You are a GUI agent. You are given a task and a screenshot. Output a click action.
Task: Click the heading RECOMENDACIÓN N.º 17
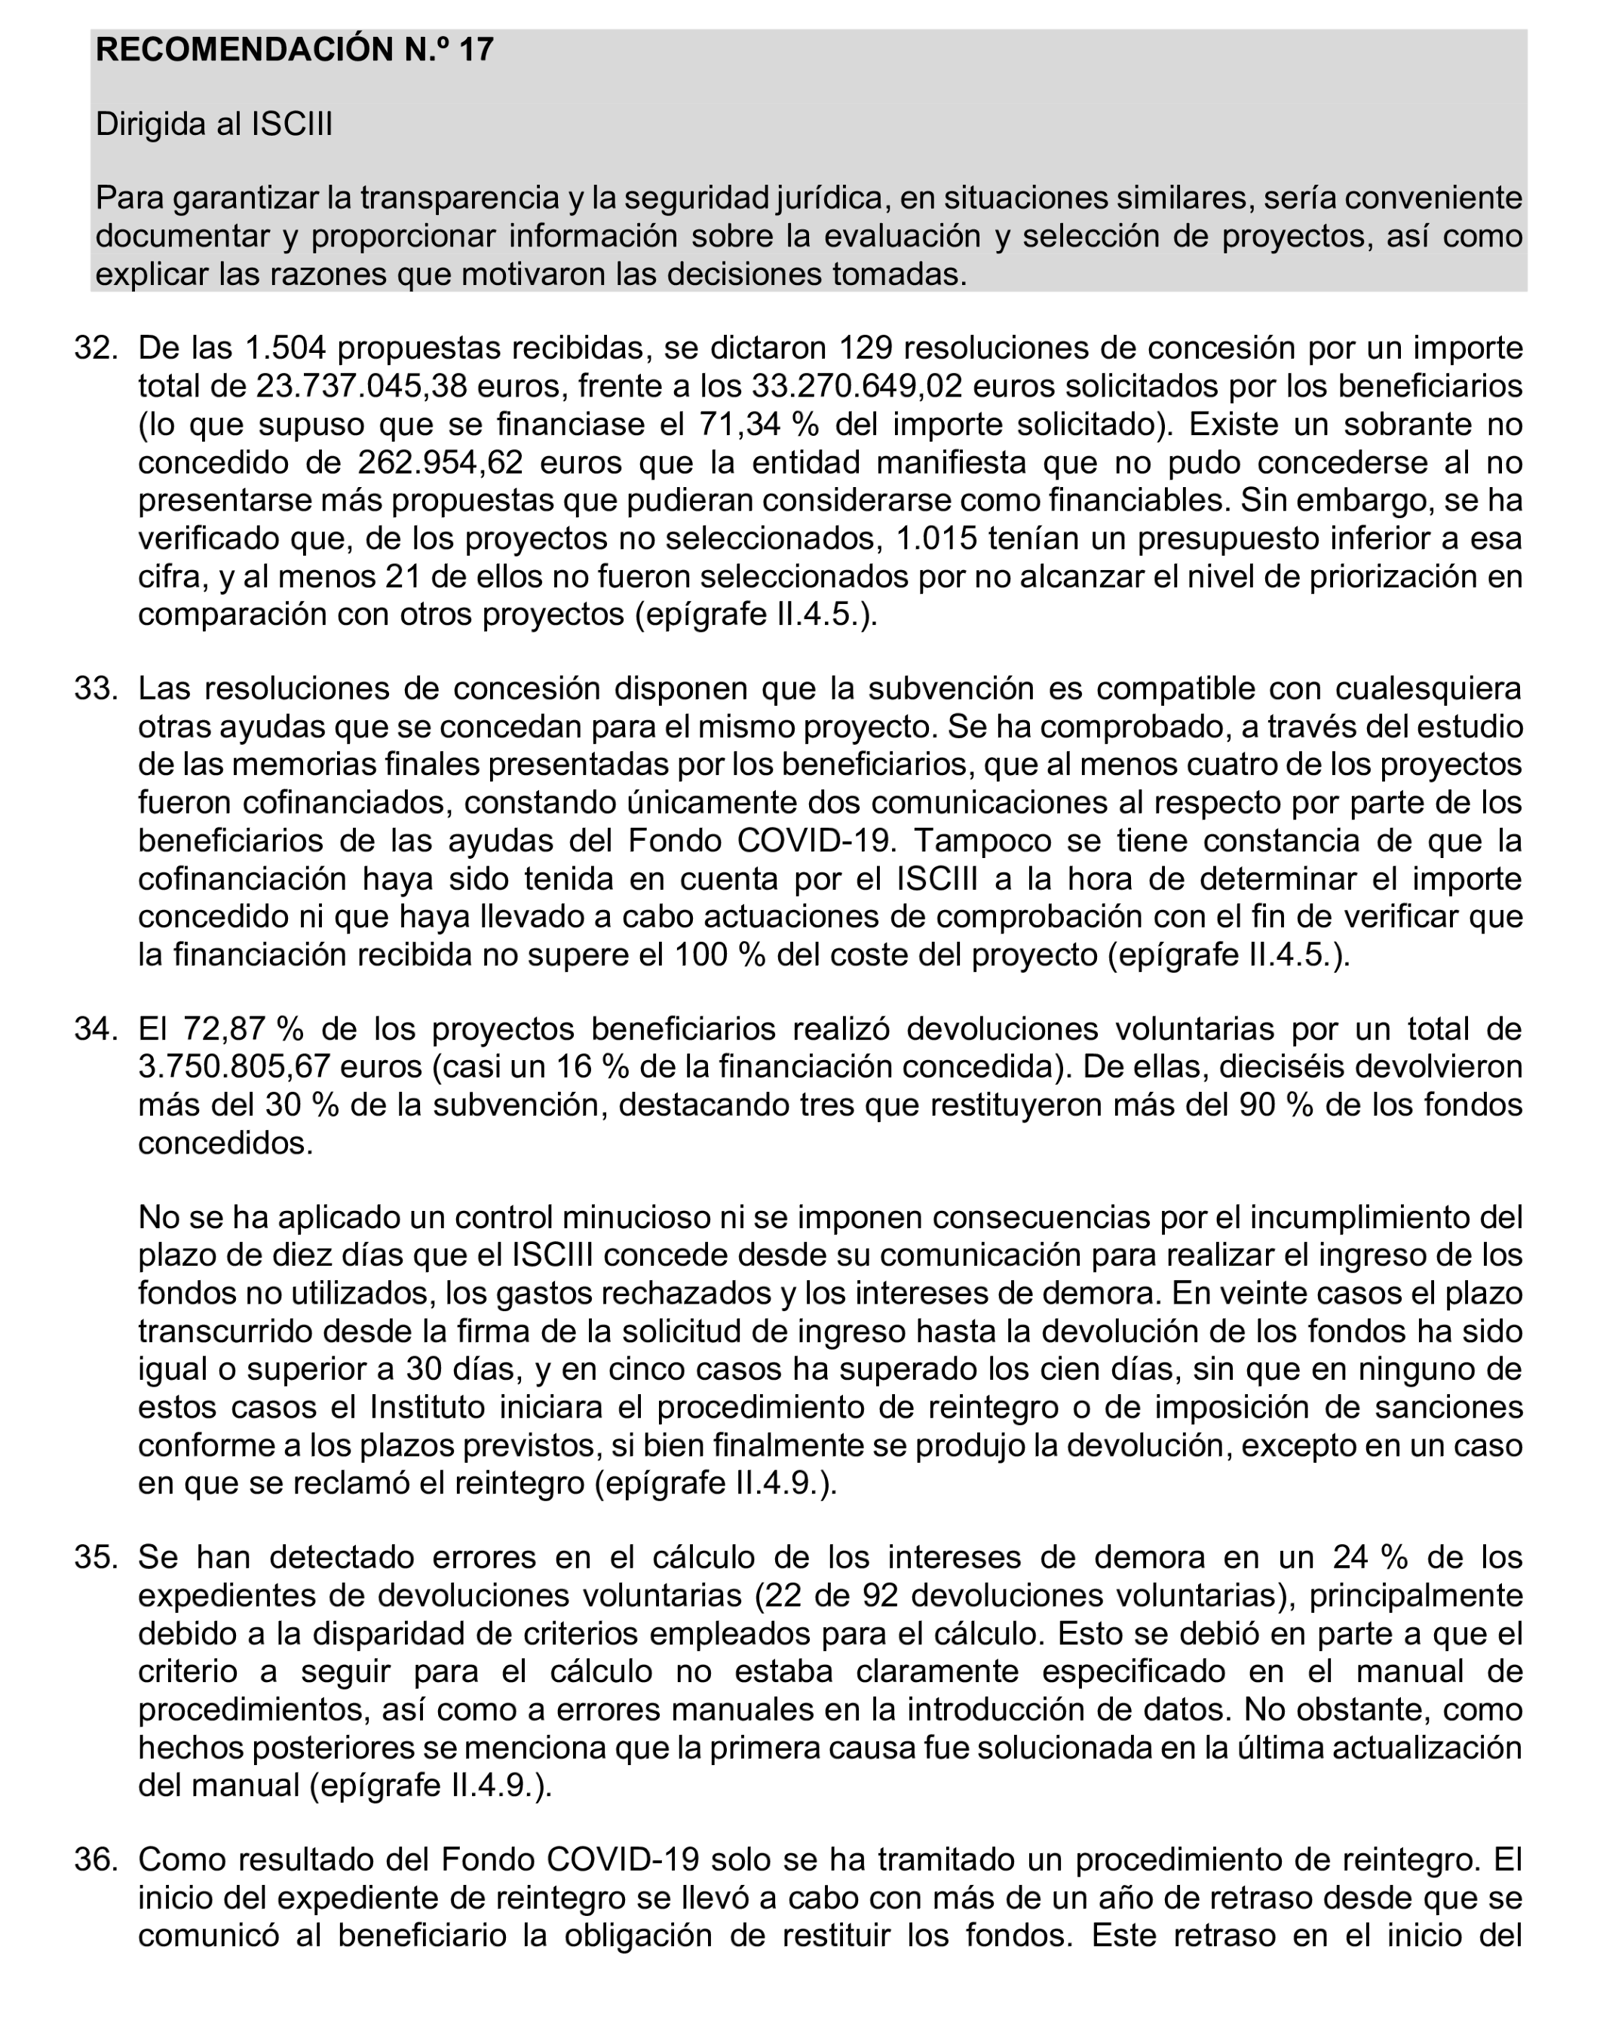[x=294, y=50]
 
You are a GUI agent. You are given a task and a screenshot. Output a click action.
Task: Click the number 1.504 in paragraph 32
[x=284, y=348]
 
